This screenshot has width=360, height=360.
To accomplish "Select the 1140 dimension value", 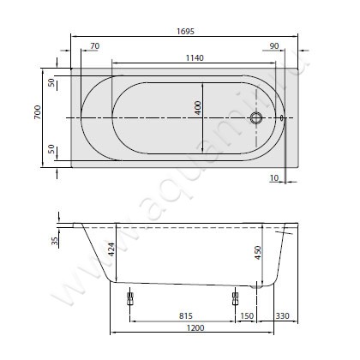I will [194, 57].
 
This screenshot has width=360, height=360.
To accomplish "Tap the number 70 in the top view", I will [94, 45].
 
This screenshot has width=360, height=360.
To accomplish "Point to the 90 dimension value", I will [274, 45].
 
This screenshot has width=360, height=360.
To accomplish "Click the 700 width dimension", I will [37, 115].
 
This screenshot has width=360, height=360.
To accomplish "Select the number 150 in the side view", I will [247, 315].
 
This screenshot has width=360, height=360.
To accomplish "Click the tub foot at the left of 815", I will [129, 298].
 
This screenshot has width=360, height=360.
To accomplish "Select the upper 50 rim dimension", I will [51, 82].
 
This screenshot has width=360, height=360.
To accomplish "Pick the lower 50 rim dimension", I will [51, 149].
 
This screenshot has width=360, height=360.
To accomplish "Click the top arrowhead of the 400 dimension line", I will [203, 84].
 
